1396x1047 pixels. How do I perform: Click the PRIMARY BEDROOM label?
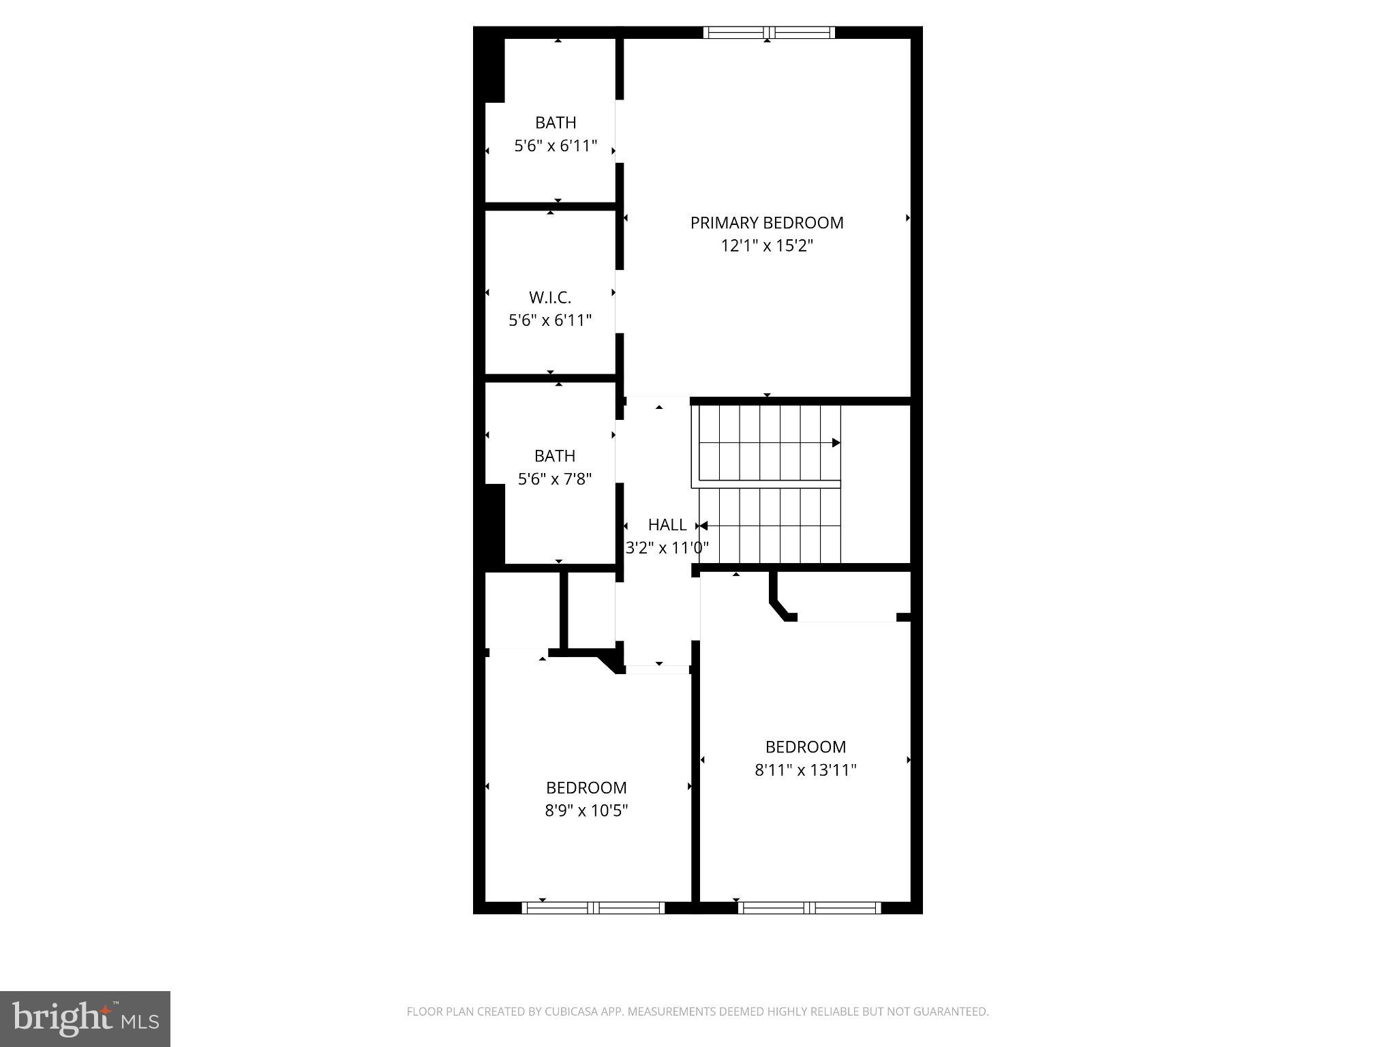[766, 223]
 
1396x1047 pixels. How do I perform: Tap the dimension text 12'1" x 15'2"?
[766, 246]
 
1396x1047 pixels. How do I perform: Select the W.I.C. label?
[549, 298]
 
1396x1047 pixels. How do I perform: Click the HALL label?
[667, 525]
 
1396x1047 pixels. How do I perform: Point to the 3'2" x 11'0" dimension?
[667, 547]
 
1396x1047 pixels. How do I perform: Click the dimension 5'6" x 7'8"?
[554, 479]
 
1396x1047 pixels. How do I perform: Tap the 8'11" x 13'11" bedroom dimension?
[805, 770]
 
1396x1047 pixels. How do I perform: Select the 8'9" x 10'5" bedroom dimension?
[586, 810]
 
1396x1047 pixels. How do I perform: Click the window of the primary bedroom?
[768, 32]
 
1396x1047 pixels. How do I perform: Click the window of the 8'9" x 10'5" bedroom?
[592, 907]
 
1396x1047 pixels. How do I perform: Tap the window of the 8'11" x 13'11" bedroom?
[808, 907]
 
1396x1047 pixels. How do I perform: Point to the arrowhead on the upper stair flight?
[836, 443]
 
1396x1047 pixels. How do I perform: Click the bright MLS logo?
[85, 1018]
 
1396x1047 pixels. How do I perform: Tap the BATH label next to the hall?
[554, 456]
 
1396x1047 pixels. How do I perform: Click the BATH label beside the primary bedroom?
[555, 123]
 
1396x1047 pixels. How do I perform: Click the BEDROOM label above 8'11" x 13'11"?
[805, 747]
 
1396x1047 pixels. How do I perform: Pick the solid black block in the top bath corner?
[494, 70]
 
